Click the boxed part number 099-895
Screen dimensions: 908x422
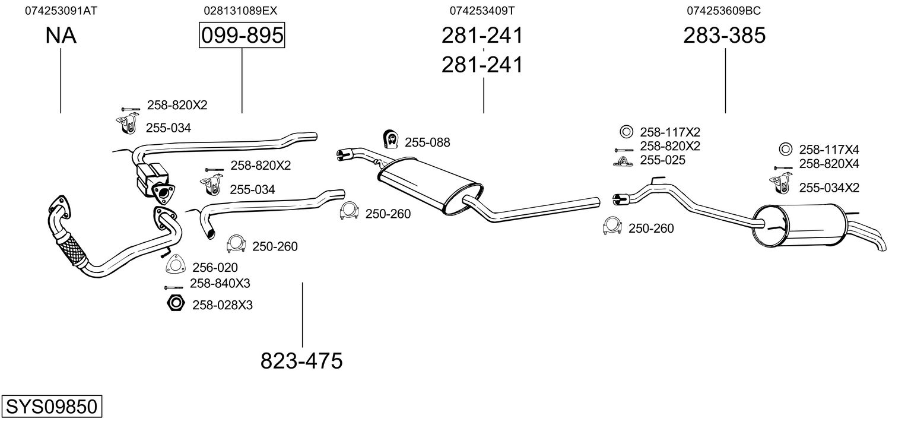(242, 35)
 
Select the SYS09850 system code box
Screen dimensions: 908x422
(52, 406)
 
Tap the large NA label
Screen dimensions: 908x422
(61, 36)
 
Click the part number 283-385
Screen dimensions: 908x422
(725, 35)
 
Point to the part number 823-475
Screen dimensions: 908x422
(301, 360)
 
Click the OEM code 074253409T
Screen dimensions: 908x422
(482, 11)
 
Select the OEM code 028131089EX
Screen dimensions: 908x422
(240, 11)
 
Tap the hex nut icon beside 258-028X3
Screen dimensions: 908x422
(176, 303)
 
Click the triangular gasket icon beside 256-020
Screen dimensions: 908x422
(176, 264)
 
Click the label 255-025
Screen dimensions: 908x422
(662, 160)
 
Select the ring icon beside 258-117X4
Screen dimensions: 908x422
(785, 149)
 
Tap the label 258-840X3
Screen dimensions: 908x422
(220, 283)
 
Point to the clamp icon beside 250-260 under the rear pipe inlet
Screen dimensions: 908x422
(612, 226)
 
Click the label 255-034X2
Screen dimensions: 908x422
(829, 188)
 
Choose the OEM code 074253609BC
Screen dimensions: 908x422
(723, 11)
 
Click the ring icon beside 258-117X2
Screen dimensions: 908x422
(626, 132)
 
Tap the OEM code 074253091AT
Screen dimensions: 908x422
(61, 11)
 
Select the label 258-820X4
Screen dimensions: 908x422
(829, 164)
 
